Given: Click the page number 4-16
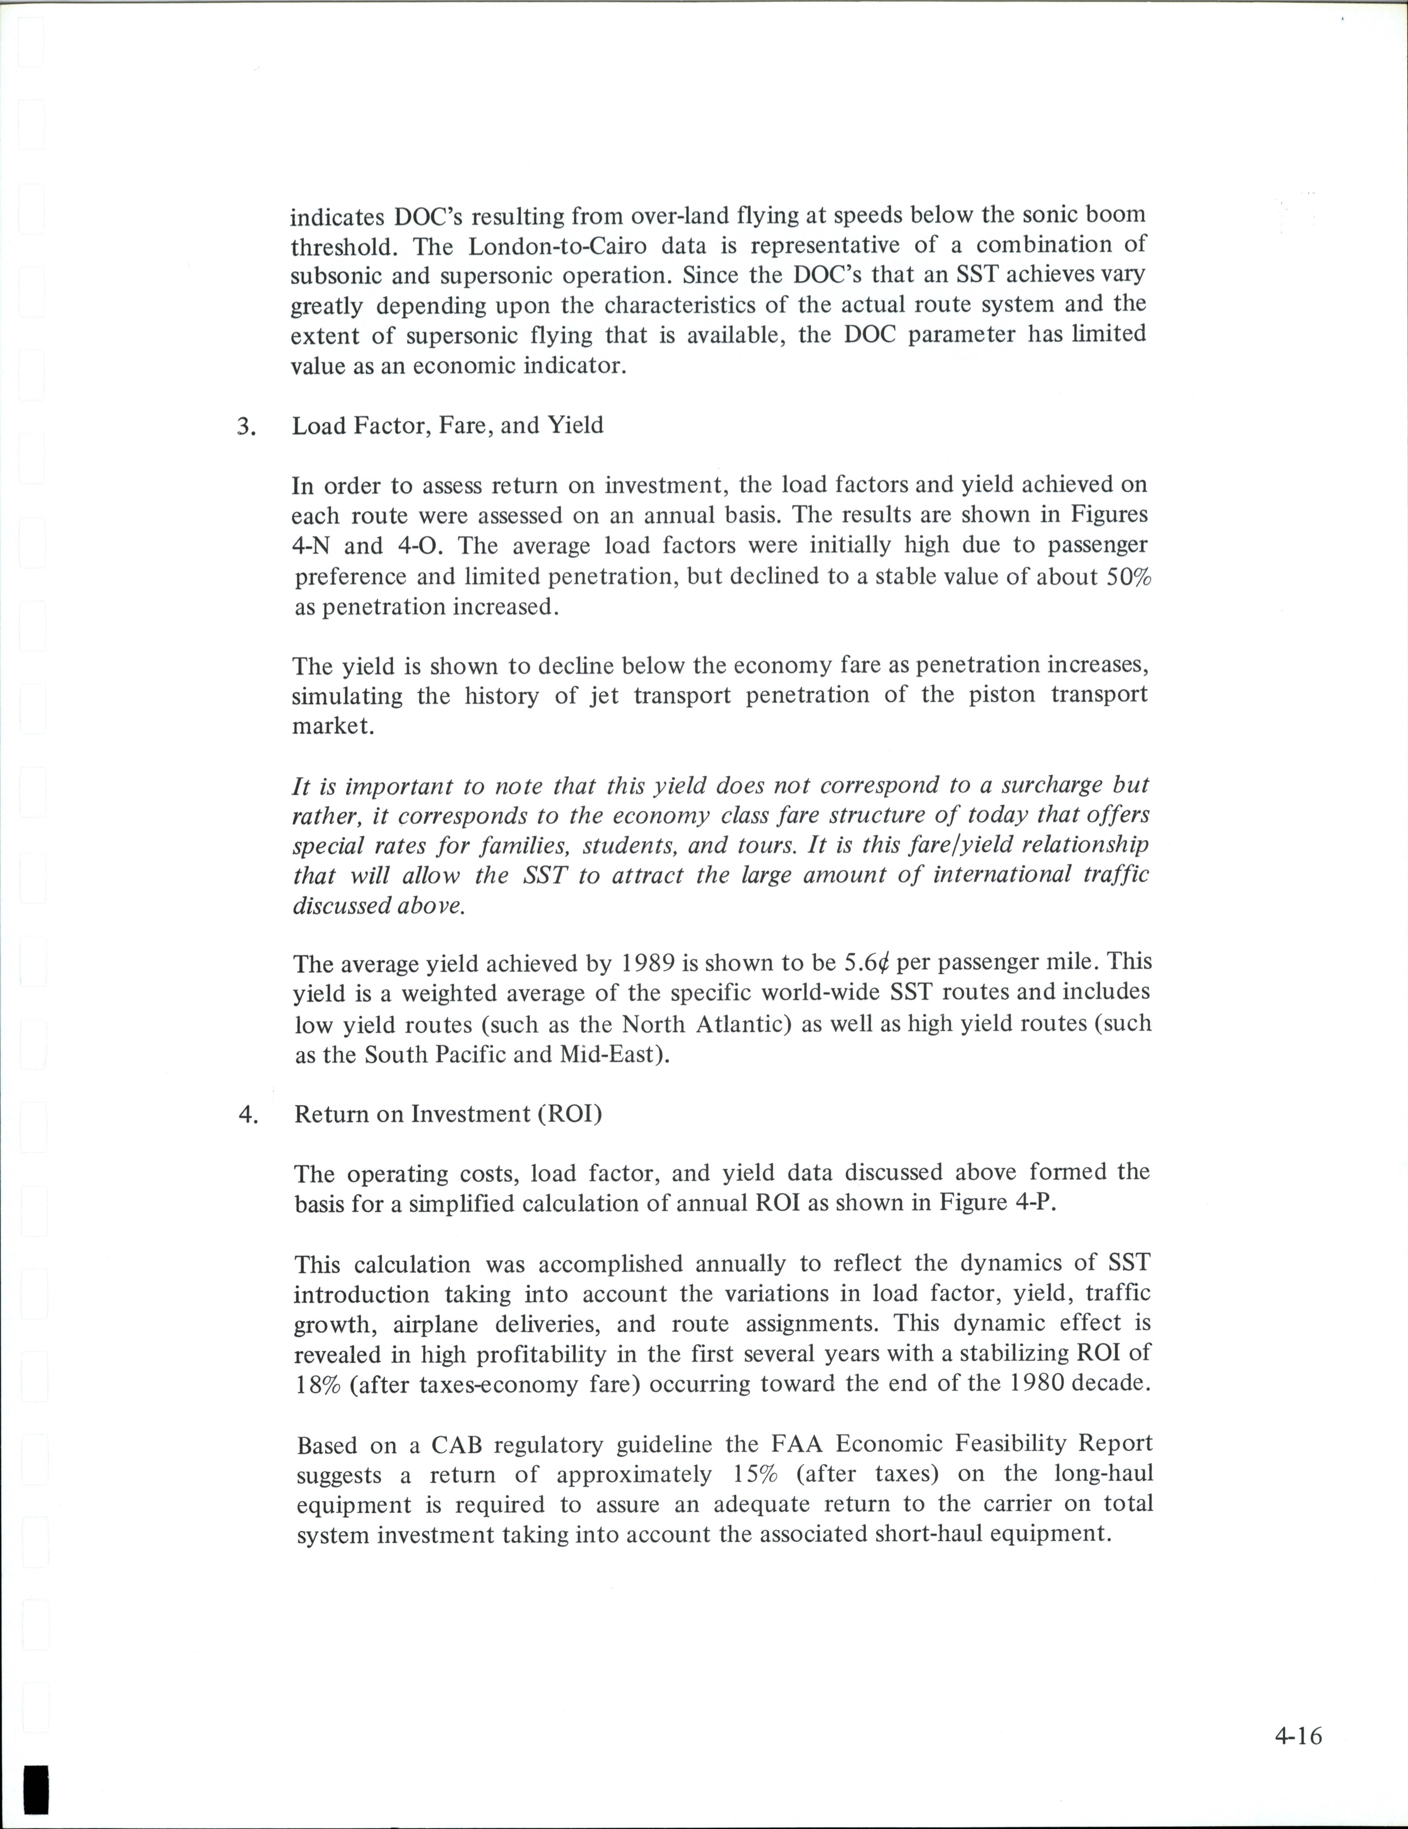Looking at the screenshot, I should [x=1298, y=1736].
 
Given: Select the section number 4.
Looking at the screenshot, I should [x=247, y=1116].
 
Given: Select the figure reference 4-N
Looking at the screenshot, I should [x=313, y=546].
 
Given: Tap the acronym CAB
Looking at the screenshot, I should [x=458, y=1444].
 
